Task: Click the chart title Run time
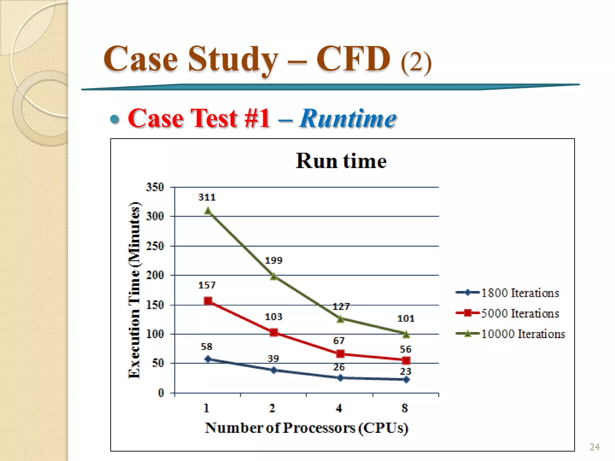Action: [341, 161]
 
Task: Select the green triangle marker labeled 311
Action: [208, 211]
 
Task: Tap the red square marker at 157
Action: [208, 301]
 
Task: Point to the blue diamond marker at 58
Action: [208, 359]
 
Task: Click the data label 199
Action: [274, 260]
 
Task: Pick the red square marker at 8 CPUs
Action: [406, 360]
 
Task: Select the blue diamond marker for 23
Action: [406, 380]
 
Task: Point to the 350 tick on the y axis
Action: [155, 187]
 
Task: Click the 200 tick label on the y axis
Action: [155, 275]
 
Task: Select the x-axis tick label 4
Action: [339, 408]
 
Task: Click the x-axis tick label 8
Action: [405, 408]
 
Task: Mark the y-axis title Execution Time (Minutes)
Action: [134, 290]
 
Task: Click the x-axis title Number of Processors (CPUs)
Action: [307, 428]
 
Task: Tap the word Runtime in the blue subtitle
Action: [348, 118]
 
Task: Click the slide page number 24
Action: [594, 447]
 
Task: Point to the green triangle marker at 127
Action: [340, 319]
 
